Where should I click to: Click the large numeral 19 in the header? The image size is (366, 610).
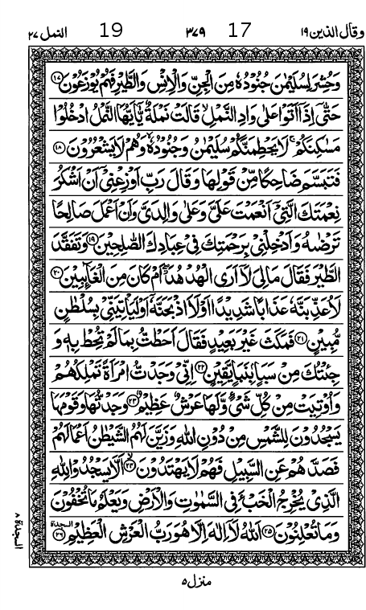pyautogui.click(x=112, y=31)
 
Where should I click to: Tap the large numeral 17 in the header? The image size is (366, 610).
pyautogui.click(x=240, y=31)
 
